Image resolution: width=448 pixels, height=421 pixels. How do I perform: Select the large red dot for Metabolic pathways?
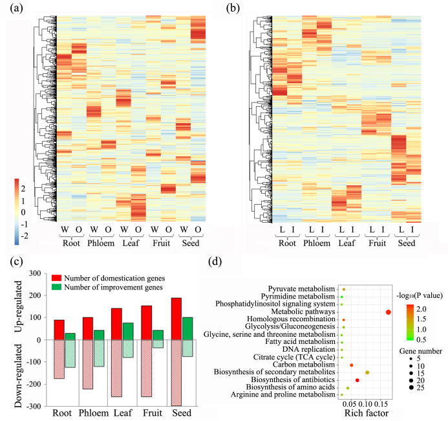(x=388, y=312)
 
